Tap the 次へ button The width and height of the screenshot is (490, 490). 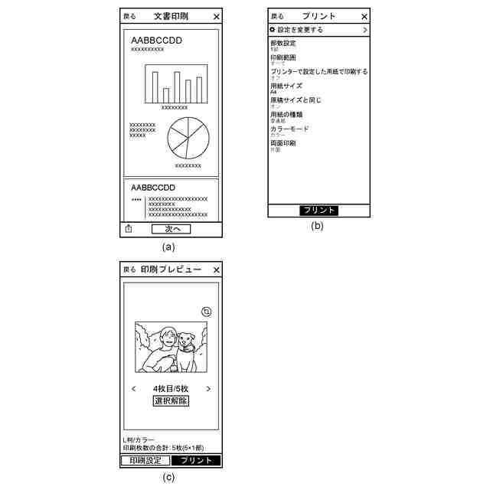[171, 228]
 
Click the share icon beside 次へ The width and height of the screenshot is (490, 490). [129, 228]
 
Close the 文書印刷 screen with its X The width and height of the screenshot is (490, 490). [217, 16]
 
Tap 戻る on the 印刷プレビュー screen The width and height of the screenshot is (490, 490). [129, 270]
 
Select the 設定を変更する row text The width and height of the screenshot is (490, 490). [300, 30]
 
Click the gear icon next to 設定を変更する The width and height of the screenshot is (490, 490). [272, 30]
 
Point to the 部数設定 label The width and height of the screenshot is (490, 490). [283, 43]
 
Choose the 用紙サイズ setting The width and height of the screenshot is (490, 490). [286, 86]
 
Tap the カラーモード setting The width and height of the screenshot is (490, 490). [289, 129]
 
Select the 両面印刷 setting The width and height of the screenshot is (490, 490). [283, 143]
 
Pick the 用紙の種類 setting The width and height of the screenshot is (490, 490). [286, 114]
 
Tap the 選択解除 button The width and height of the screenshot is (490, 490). [171, 400]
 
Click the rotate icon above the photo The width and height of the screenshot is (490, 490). [206, 312]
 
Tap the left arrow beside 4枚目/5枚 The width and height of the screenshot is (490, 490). [134, 388]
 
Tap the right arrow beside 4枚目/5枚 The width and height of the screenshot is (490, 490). [208, 388]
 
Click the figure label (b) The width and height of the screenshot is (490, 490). [317, 226]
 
